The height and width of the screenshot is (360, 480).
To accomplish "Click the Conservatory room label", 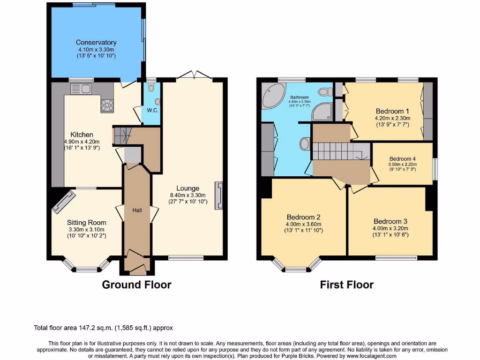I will pyautogui.click(x=96, y=43).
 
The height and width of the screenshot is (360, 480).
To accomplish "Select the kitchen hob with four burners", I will pyautogui.click(x=107, y=106).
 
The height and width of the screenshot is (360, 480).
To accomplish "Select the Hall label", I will pyautogui.click(x=137, y=210).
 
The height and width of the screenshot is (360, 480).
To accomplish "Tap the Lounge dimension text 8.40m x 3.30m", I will pyautogui.click(x=188, y=195).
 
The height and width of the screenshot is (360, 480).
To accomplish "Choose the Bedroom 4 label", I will pyautogui.click(x=402, y=159).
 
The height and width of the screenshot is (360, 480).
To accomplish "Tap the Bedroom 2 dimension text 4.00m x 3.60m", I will pyautogui.click(x=304, y=224).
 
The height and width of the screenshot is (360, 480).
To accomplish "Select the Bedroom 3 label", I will pyautogui.click(x=390, y=221).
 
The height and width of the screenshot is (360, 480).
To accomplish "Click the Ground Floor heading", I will pyautogui.click(x=136, y=285).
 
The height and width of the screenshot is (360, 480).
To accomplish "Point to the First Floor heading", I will pyautogui.click(x=346, y=285).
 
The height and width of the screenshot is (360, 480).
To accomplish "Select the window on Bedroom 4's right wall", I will pyautogui.click(x=435, y=169).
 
